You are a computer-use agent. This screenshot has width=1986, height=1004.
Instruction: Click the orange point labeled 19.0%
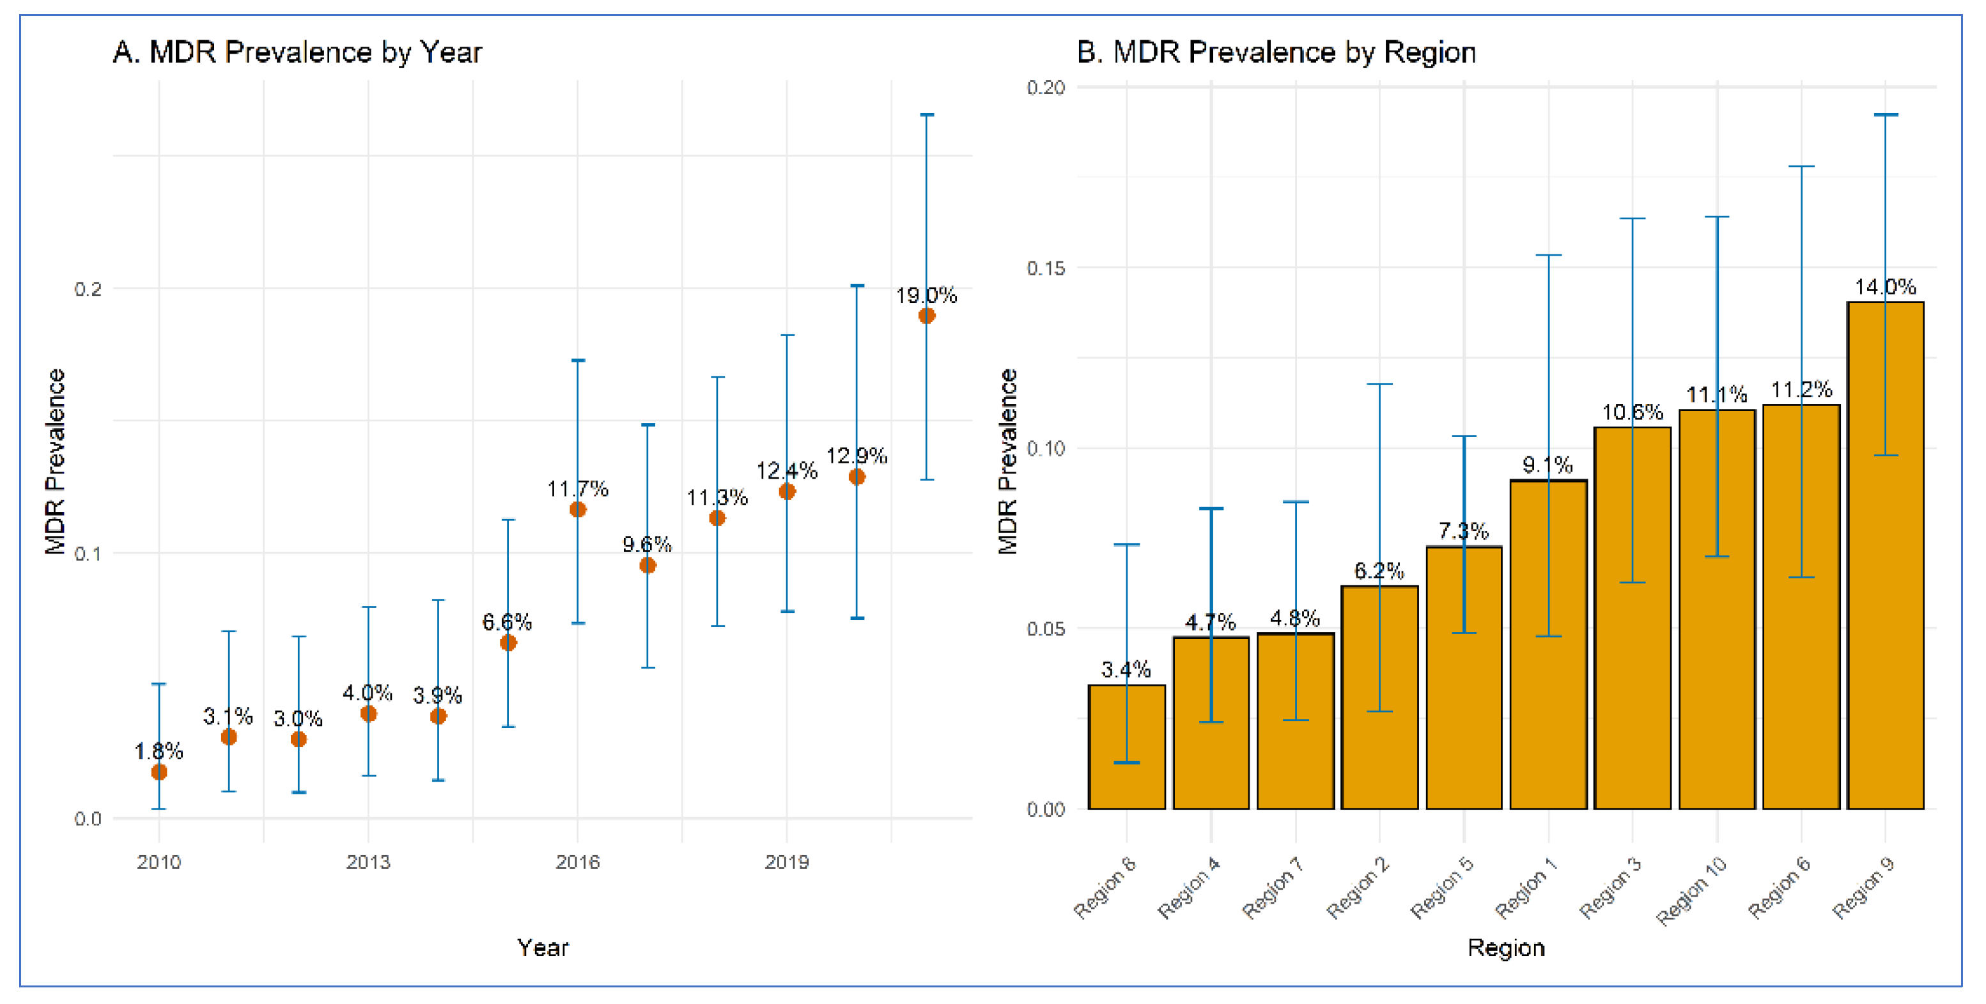tap(926, 316)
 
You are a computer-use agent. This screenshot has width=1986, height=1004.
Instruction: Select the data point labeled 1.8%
tap(159, 772)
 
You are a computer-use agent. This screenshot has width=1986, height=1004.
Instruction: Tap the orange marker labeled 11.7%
tap(577, 509)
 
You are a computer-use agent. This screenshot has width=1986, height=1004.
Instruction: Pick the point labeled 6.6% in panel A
tap(508, 643)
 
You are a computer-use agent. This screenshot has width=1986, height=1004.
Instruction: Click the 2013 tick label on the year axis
tap(368, 861)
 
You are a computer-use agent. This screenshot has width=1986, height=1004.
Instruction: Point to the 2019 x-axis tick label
tap(786, 861)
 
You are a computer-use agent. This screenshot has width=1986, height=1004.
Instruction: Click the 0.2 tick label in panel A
tap(88, 289)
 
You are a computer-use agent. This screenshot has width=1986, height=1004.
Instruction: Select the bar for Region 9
tap(1885, 555)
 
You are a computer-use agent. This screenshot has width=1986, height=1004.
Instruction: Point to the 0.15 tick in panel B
tap(1046, 268)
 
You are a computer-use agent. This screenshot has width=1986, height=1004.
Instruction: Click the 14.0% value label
tap(1885, 288)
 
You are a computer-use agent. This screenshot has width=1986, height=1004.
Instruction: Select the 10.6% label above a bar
tap(1632, 413)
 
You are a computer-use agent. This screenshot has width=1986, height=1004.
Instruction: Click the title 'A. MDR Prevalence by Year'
tap(297, 52)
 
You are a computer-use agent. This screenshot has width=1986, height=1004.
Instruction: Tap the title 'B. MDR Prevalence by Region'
tap(1275, 52)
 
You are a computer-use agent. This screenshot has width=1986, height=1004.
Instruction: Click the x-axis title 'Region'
tap(1506, 948)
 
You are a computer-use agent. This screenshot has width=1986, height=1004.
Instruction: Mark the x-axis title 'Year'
tap(543, 948)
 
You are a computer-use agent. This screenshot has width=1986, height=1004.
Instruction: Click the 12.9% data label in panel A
tap(857, 456)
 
